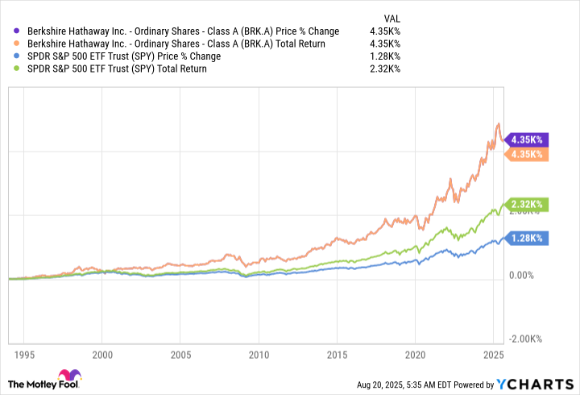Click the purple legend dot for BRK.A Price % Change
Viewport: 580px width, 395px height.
(18, 31)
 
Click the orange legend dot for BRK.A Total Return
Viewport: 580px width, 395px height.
(18, 44)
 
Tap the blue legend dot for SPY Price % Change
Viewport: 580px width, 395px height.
(18, 56)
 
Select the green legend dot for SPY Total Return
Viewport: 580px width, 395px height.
(18, 69)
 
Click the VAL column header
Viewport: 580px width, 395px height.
(390, 17)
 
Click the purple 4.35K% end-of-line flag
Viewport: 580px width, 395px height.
(526, 139)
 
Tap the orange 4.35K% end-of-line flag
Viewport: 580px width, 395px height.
(526, 154)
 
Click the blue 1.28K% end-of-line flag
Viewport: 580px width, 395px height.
(526, 238)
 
